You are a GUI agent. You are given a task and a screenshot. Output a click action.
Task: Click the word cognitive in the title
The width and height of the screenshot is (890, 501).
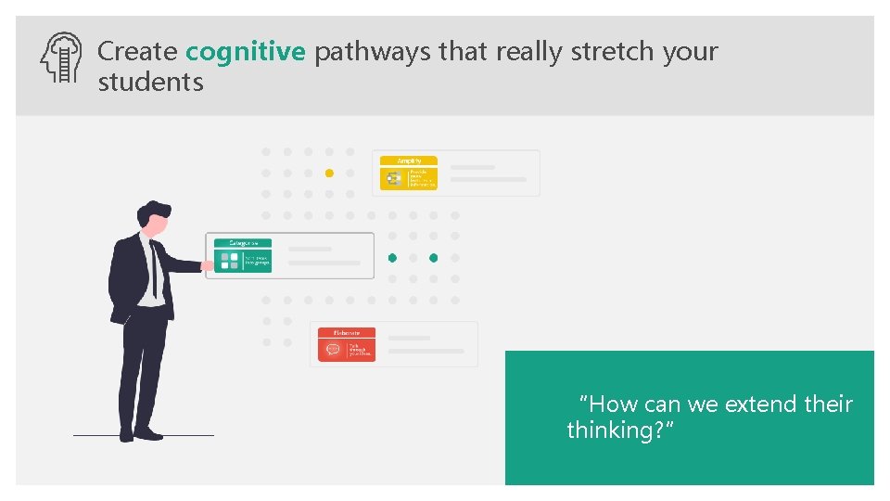pyautogui.click(x=245, y=52)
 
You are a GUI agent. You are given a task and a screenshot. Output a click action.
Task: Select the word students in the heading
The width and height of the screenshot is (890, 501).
pyautogui.click(x=150, y=83)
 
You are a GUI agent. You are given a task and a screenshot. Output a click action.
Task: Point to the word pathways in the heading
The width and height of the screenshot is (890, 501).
pyautogui.click(x=372, y=52)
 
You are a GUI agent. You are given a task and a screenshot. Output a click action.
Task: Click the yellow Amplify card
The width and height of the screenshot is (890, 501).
pyautogui.click(x=409, y=173)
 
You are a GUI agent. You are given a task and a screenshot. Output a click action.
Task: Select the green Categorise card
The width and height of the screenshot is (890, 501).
pyautogui.click(x=243, y=256)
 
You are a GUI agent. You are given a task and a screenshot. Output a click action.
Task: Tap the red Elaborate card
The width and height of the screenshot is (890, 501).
pyautogui.click(x=347, y=344)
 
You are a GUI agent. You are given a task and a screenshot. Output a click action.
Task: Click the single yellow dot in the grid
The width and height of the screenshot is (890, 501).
pyautogui.click(x=329, y=173)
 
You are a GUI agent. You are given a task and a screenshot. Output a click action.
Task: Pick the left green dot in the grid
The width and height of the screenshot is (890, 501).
pyautogui.click(x=392, y=257)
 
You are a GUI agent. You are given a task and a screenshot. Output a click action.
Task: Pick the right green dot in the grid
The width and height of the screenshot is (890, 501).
pyautogui.click(x=433, y=257)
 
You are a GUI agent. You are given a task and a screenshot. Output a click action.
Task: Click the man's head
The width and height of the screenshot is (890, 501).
pyautogui.click(x=157, y=218)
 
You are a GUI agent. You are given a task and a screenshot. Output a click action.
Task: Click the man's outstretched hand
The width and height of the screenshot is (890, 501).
pyautogui.click(x=208, y=266)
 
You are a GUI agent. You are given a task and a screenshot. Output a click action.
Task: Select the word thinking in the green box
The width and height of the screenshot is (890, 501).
pyautogui.click(x=614, y=430)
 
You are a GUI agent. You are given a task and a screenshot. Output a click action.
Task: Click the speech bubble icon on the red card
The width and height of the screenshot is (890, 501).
pyautogui.click(x=334, y=350)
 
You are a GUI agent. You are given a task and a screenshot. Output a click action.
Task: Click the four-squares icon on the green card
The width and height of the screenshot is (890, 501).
pyautogui.click(x=229, y=262)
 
